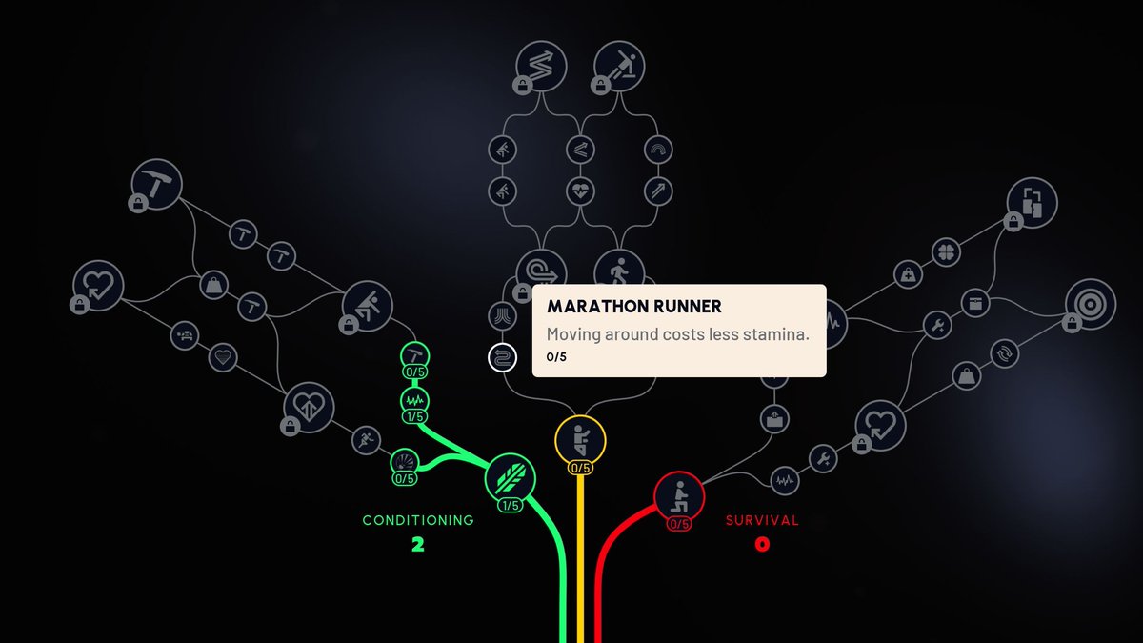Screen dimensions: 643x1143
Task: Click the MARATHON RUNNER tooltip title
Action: point(633,308)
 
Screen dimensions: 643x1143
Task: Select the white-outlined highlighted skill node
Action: point(502,358)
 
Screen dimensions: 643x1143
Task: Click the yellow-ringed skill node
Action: point(580,440)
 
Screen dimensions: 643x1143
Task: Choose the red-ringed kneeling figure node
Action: point(678,495)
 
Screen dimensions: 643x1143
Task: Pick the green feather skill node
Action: point(510,478)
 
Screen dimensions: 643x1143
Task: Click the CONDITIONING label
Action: point(417,520)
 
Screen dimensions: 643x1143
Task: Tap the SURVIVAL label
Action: point(762,520)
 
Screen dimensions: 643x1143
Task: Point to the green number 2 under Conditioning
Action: point(417,545)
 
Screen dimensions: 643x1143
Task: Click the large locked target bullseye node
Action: point(1091,303)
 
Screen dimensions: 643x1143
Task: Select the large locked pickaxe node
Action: point(156,184)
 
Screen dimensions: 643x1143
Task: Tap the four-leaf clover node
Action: point(946,254)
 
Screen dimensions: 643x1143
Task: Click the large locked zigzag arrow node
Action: point(541,66)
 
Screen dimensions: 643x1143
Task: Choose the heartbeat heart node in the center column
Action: point(580,191)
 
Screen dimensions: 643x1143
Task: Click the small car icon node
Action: point(186,334)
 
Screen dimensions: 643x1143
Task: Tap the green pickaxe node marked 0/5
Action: point(414,354)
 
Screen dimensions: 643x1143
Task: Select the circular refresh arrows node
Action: point(1002,354)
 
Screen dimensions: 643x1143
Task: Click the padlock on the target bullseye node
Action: point(1071,323)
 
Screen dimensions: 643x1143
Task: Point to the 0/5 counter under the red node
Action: point(678,524)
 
